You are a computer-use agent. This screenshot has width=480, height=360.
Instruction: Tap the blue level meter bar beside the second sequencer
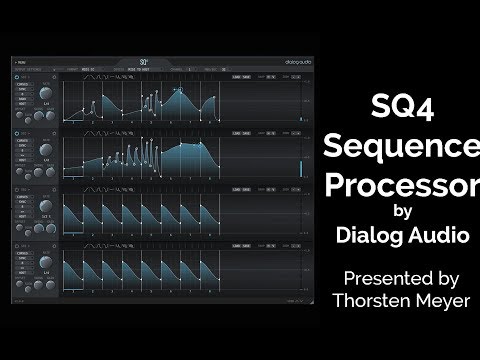coord(298,167)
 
